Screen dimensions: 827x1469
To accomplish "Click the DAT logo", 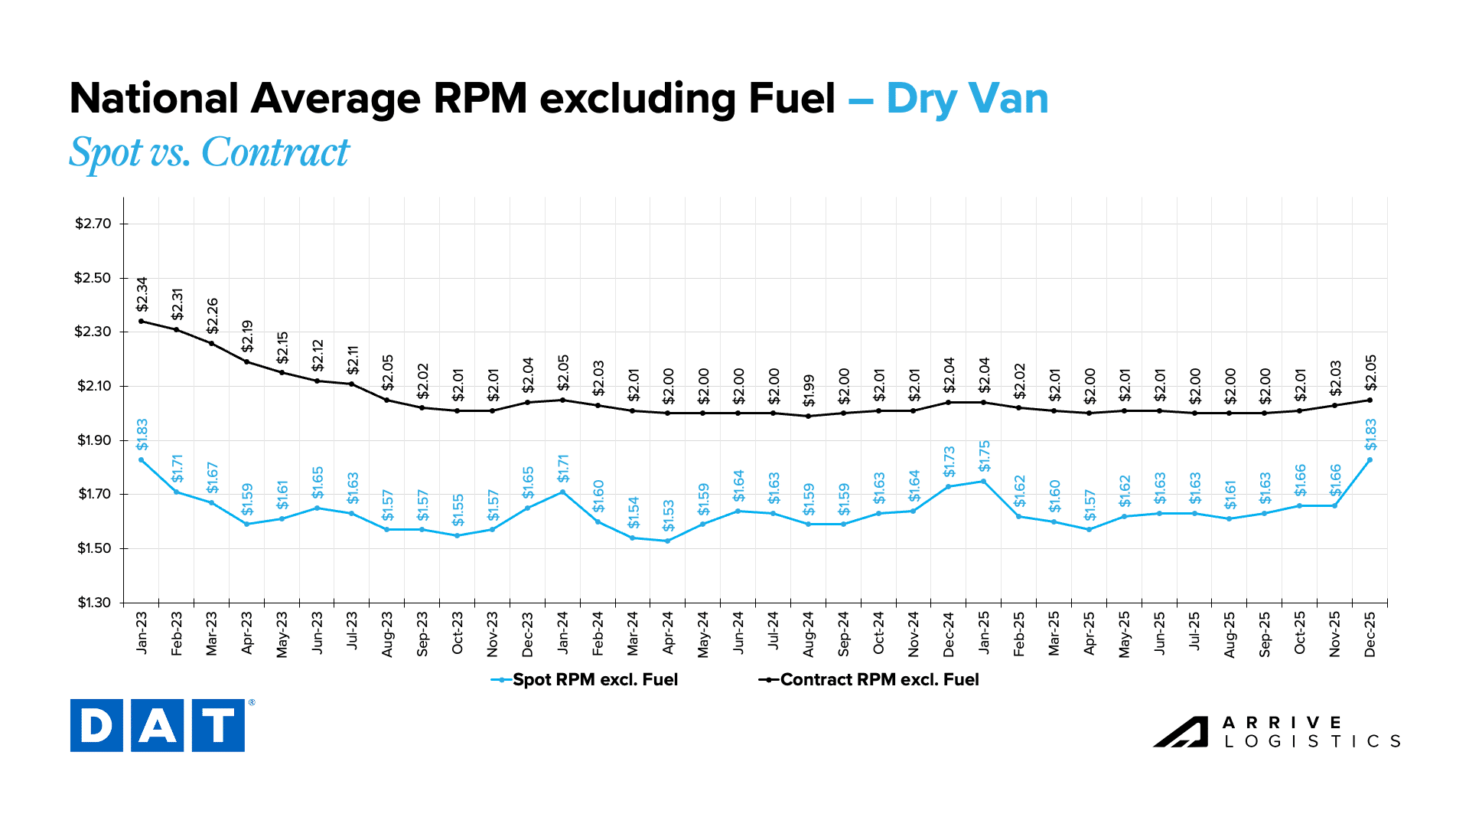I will coord(158,725).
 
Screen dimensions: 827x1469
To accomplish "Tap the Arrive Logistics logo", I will coord(1277,732).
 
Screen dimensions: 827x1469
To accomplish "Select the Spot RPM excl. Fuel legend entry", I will coord(585,680).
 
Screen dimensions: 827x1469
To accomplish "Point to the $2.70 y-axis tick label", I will coord(93,224).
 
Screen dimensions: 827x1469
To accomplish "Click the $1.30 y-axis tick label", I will coord(93,603).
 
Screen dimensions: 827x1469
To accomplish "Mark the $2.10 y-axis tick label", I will coord(93,386).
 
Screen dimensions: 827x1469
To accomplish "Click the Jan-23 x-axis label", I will coord(142,633).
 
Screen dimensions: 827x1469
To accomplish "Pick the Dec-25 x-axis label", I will coord(1370,633).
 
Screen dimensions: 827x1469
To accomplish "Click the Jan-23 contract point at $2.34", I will coord(142,321).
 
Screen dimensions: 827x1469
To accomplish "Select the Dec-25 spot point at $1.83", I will coord(1370,459).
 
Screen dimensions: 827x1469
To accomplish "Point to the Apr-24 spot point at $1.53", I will coord(668,541).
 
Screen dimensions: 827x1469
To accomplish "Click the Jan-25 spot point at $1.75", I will coord(984,481).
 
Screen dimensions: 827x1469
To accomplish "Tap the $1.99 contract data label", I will coord(809,391).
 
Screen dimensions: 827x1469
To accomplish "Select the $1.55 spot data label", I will coord(458,510).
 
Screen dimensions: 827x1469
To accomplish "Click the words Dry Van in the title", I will coord(967,99).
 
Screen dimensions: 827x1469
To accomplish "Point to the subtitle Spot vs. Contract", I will coord(209,152).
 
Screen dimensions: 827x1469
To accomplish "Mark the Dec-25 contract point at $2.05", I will coord(1370,400).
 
